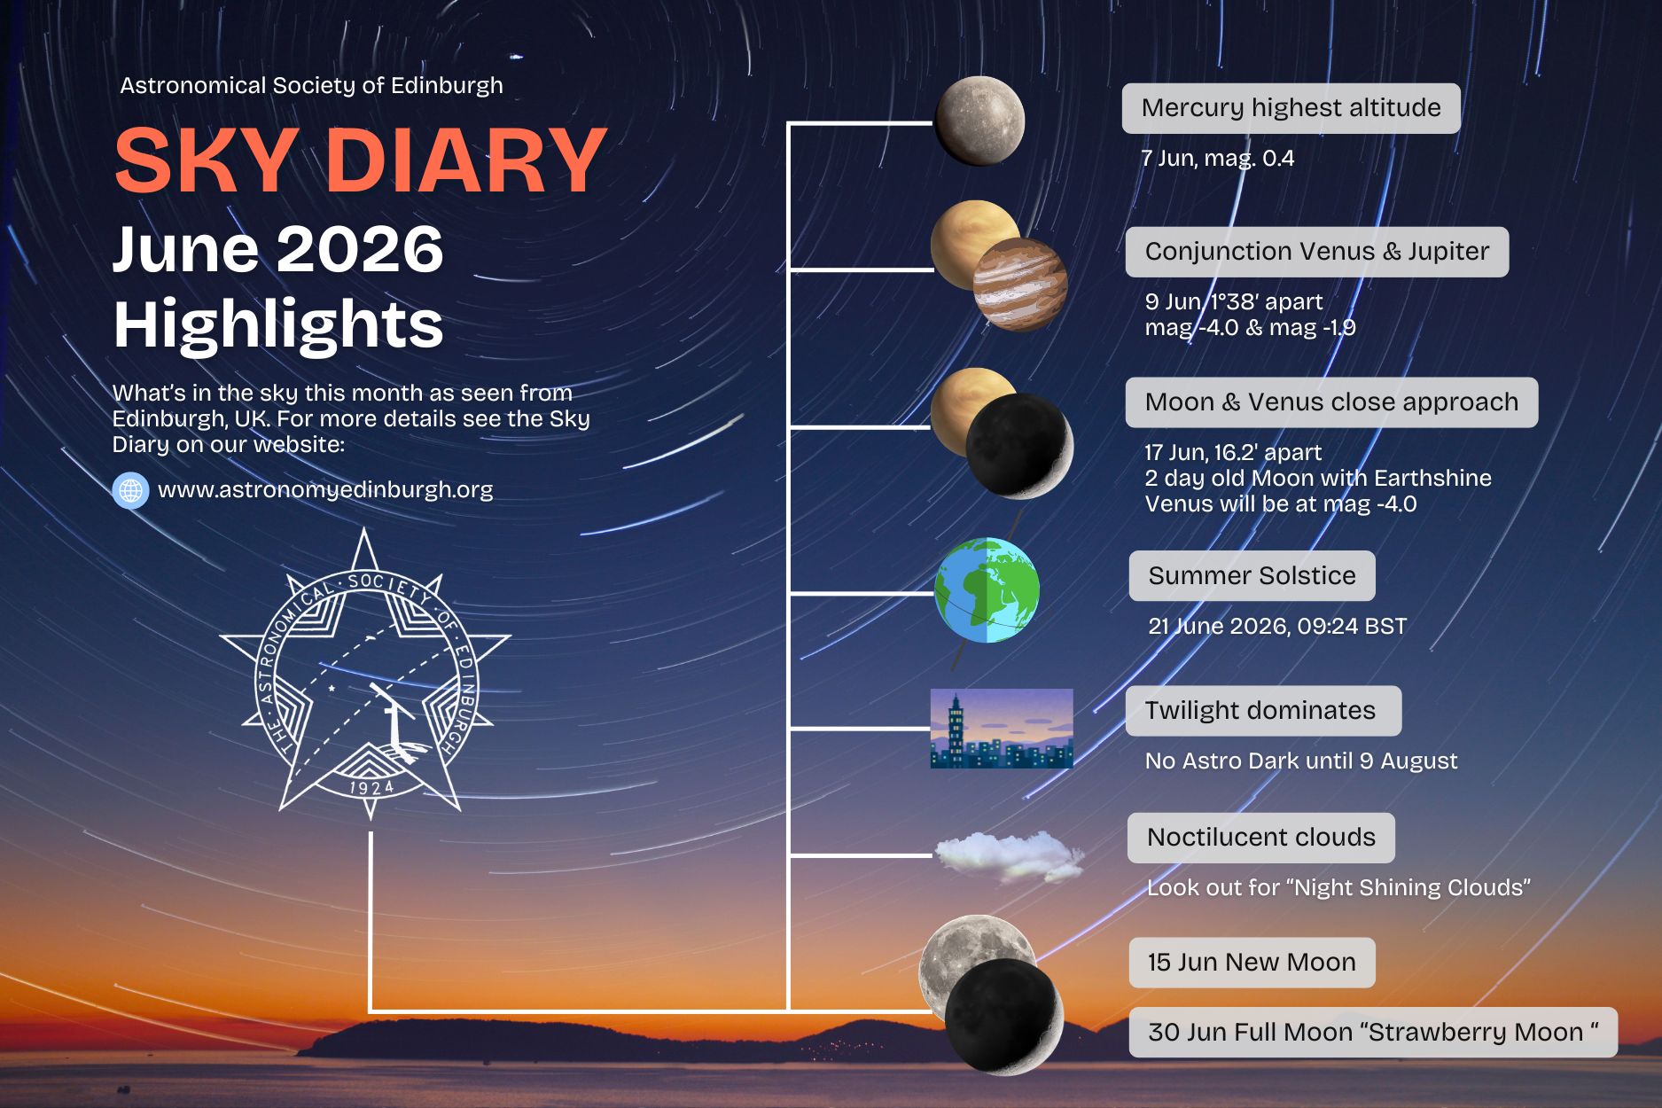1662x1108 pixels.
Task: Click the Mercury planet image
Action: point(979,121)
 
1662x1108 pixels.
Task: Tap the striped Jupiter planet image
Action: point(1020,285)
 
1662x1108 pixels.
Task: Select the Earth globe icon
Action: point(987,590)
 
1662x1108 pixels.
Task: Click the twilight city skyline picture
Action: point(1002,728)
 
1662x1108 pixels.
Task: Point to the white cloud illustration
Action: point(1010,856)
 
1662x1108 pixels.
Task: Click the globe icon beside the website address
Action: point(130,490)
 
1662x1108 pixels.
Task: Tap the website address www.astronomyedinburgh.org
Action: point(325,490)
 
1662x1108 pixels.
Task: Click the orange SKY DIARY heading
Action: point(361,160)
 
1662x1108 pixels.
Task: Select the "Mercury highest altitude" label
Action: point(1291,108)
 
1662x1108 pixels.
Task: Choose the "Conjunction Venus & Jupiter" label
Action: point(1317,252)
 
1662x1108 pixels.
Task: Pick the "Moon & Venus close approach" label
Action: point(1331,402)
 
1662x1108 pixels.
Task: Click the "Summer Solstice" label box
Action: point(1252,576)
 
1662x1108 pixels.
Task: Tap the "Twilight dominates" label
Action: point(1263,711)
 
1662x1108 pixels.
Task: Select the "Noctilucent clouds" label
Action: point(1260,838)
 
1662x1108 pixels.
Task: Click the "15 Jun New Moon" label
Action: point(1252,963)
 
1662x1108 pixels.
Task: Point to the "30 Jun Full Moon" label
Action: point(1373,1033)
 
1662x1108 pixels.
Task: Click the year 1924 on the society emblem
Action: point(371,788)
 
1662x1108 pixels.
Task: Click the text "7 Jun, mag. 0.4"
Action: point(1218,159)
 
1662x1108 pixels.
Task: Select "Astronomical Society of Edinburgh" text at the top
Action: point(311,86)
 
